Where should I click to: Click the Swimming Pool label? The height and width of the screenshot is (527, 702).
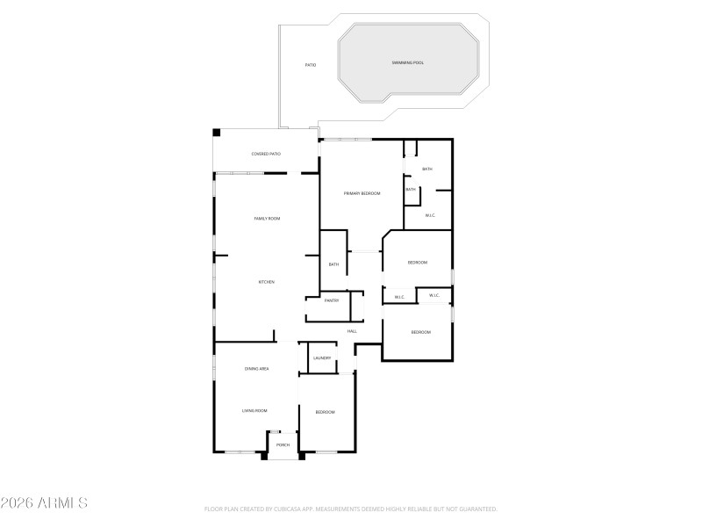click(407, 63)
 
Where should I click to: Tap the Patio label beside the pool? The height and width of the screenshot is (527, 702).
click(310, 65)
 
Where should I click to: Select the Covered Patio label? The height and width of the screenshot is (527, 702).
click(266, 154)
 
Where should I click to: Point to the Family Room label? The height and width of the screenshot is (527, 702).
click(267, 219)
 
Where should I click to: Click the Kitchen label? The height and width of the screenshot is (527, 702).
click(266, 282)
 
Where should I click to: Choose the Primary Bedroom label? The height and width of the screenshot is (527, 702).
click(362, 193)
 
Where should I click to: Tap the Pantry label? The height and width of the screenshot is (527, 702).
click(332, 301)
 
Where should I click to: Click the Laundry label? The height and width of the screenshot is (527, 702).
click(322, 357)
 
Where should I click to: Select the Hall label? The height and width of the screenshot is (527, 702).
click(352, 331)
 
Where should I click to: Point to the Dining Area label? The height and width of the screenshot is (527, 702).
click(256, 369)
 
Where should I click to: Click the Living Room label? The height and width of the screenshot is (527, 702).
click(254, 410)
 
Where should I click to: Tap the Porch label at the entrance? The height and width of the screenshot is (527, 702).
click(283, 445)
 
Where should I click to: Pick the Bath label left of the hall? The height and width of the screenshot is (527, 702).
click(333, 264)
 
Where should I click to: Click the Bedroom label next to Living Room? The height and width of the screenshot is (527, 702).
click(326, 412)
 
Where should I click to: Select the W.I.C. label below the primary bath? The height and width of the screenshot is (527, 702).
click(430, 215)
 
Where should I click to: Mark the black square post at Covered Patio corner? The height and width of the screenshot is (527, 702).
click(217, 134)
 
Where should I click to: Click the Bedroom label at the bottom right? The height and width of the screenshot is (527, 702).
click(421, 332)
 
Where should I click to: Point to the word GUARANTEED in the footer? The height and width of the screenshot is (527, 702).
click(477, 509)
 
